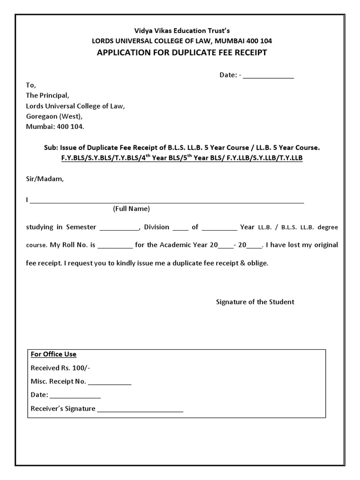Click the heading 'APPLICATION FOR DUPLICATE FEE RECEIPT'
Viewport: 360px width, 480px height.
tap(181, 52)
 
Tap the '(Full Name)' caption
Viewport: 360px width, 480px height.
tap(131, 209)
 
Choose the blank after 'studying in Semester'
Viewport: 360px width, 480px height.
tap(120, 229)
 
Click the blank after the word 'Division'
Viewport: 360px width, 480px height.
tap(180, 229)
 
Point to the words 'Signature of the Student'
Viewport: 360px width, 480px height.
tap(255, 302)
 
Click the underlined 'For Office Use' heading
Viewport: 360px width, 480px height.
tap(53, 354)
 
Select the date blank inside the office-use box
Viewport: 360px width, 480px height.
tap(75, 397)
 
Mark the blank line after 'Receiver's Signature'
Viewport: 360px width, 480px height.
tap(140, 410)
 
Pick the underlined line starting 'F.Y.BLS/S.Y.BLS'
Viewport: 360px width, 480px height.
tap(181, 158)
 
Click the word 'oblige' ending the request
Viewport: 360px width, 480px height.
tap(259, 263)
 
